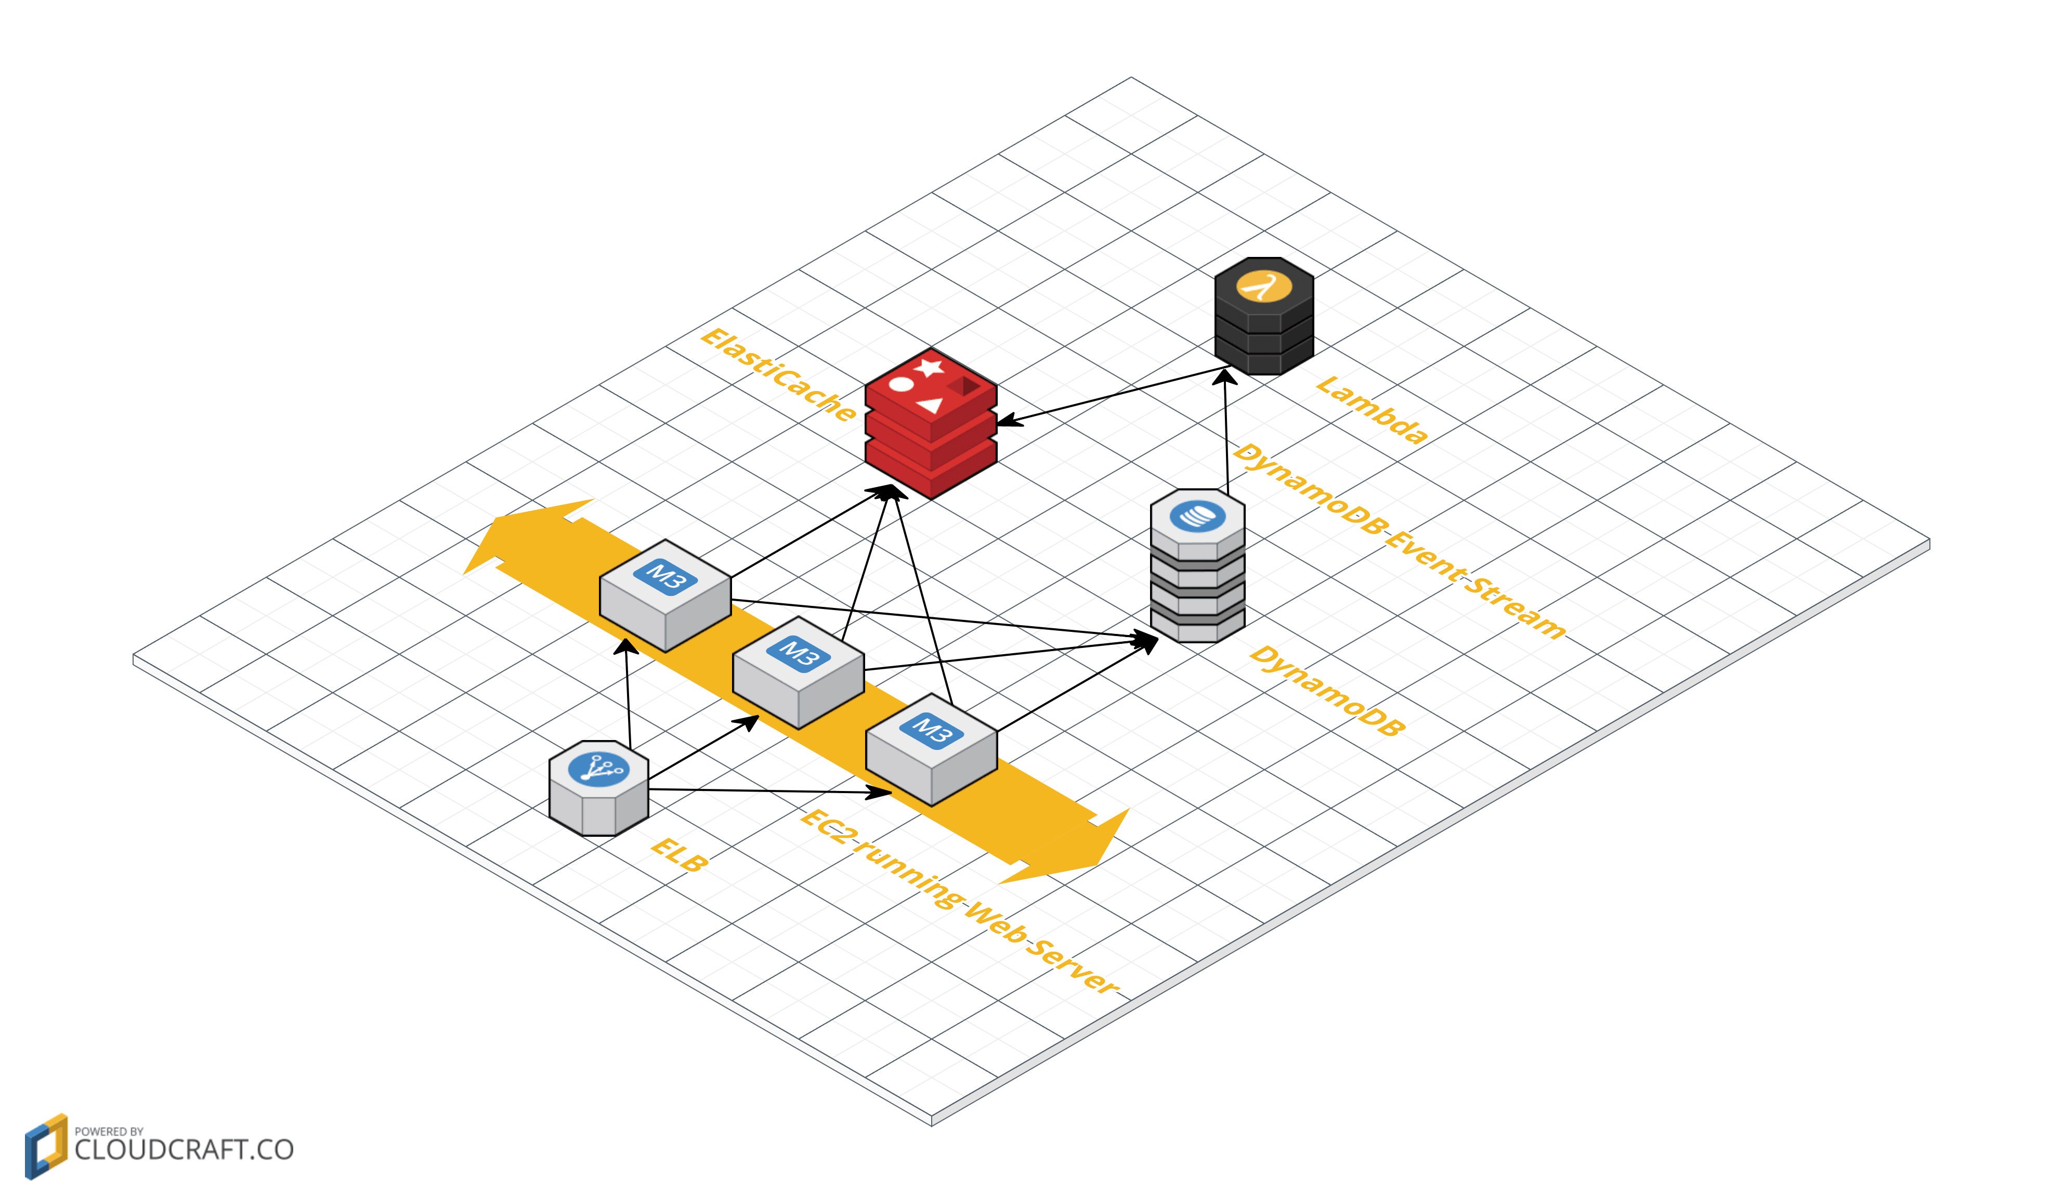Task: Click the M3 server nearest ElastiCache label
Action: [665, 595]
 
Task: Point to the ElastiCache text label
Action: [778, 374]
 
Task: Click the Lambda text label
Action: [1371, 409]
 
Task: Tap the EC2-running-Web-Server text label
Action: [958, 901]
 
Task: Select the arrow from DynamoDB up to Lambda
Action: [1225, 434]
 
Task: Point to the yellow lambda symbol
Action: [1263, 287]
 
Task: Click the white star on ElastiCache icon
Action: [929, 367]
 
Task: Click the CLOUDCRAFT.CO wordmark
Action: [184, 1150]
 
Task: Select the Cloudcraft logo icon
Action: [46, 1146]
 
